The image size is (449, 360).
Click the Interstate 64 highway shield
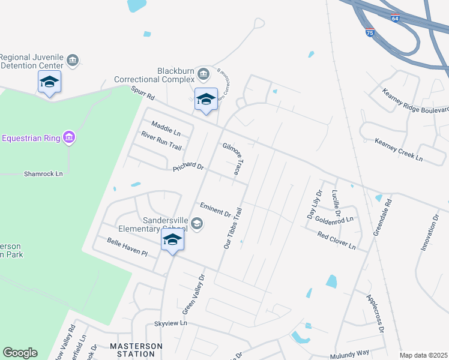(x=394, y=18)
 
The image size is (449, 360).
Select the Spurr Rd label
(x=143, y=93)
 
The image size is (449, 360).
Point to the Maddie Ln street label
(x=166, y=128)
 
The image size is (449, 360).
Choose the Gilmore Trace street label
(x=232, y=159)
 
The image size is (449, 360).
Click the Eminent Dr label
(x=215, y=209)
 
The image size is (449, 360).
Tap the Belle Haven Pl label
(x=127, y=247)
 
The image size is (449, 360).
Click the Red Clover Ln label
(x=337, y=241)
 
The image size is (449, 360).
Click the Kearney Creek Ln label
(x=399, y=149)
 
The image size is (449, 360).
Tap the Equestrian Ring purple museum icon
(x=70, y=138)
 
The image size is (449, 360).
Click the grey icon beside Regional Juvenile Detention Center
(x=73, y=60)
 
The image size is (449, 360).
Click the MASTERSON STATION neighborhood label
(x=136, y=350)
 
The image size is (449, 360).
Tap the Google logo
(x=20, y=352)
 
